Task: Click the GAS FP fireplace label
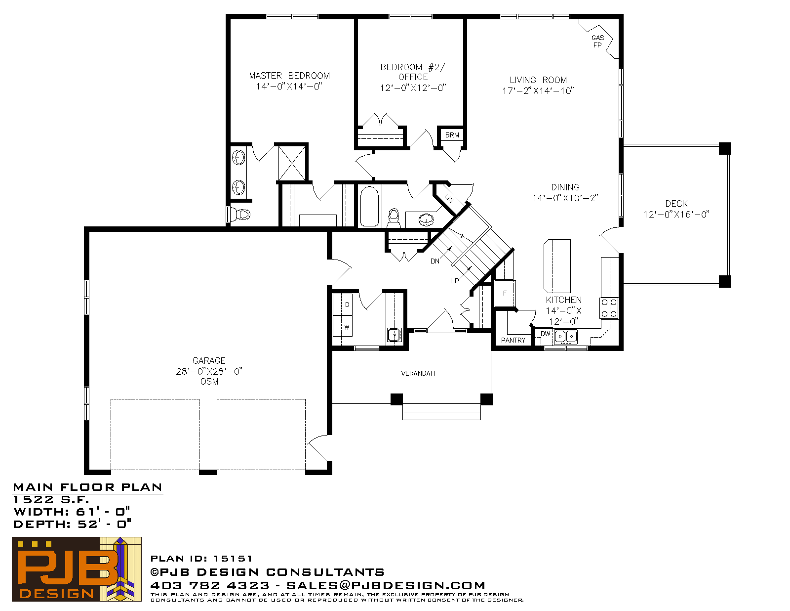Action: (597, 41)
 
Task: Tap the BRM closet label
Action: (452, 135)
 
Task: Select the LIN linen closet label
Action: (449, 198)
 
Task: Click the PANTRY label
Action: (513, 340)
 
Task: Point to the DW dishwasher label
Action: (545, 334)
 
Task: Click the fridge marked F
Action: (505, 293)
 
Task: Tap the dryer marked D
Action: (343, 305)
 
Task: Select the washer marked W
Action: (343, 326)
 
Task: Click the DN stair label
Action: (435, 261)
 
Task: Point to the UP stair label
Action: (454, 281)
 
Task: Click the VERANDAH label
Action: (418, 373)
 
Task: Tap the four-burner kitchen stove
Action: (609, 308)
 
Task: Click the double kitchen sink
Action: (565, 337)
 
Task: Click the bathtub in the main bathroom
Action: (369, 206)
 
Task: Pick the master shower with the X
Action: (292, 163)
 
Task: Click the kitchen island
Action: (557, 266)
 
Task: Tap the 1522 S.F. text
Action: (51, 499)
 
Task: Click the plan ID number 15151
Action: (233, 558)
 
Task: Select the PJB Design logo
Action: (77, 569)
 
